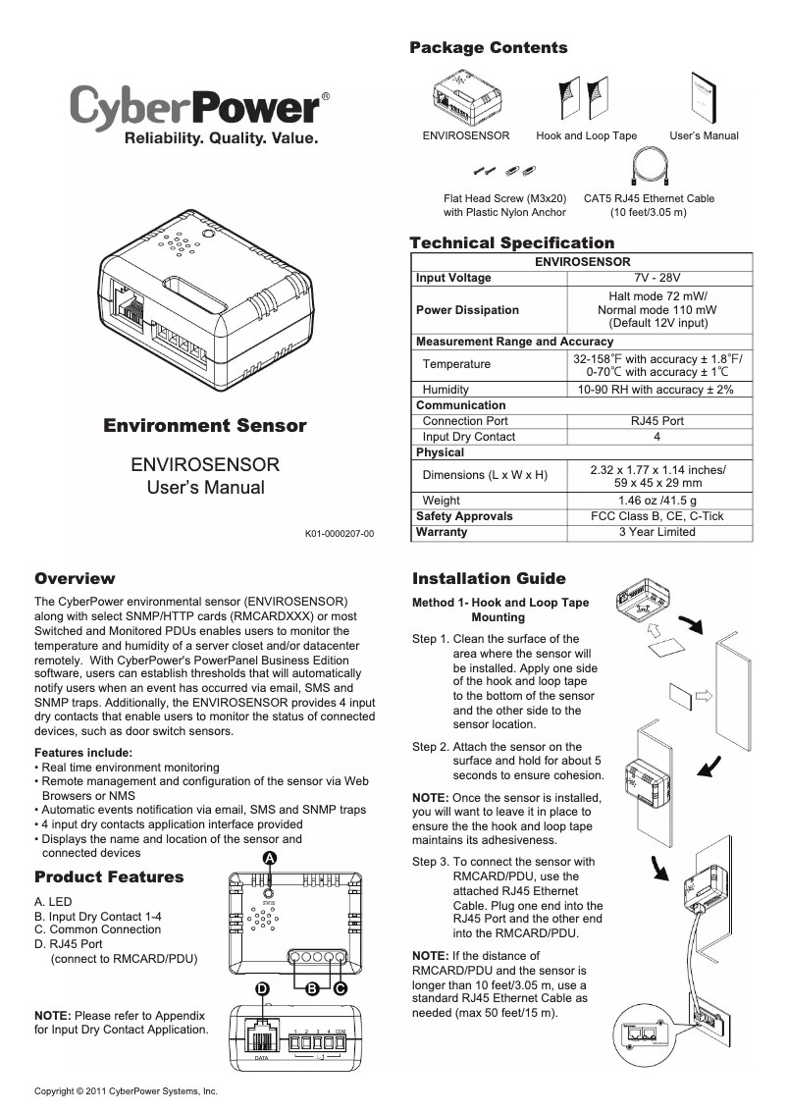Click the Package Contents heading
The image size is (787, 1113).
tap(488, 48)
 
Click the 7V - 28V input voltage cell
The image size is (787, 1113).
tap(656, 278)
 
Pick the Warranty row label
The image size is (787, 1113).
tap(442, 532)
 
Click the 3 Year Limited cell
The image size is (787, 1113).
tap(656, 532)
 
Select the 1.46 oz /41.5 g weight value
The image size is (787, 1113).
tap(656, 501)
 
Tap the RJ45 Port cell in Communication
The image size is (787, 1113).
tap(656, 421)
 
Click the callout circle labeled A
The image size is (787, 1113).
tap(269, 859)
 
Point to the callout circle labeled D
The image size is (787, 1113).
tap(262, 988)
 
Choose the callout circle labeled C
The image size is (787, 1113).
tap(339, 988)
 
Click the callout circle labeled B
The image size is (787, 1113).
tap(311, 988)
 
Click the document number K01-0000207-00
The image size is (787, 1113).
tap(339, 534)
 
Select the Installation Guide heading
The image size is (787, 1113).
tap(489, 578)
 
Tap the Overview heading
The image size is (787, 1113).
tap(75, 578)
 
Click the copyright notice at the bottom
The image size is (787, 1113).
tap(125, 1091)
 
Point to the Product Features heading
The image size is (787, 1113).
tap(109, 876)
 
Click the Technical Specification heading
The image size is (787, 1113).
tap(511, 242)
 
